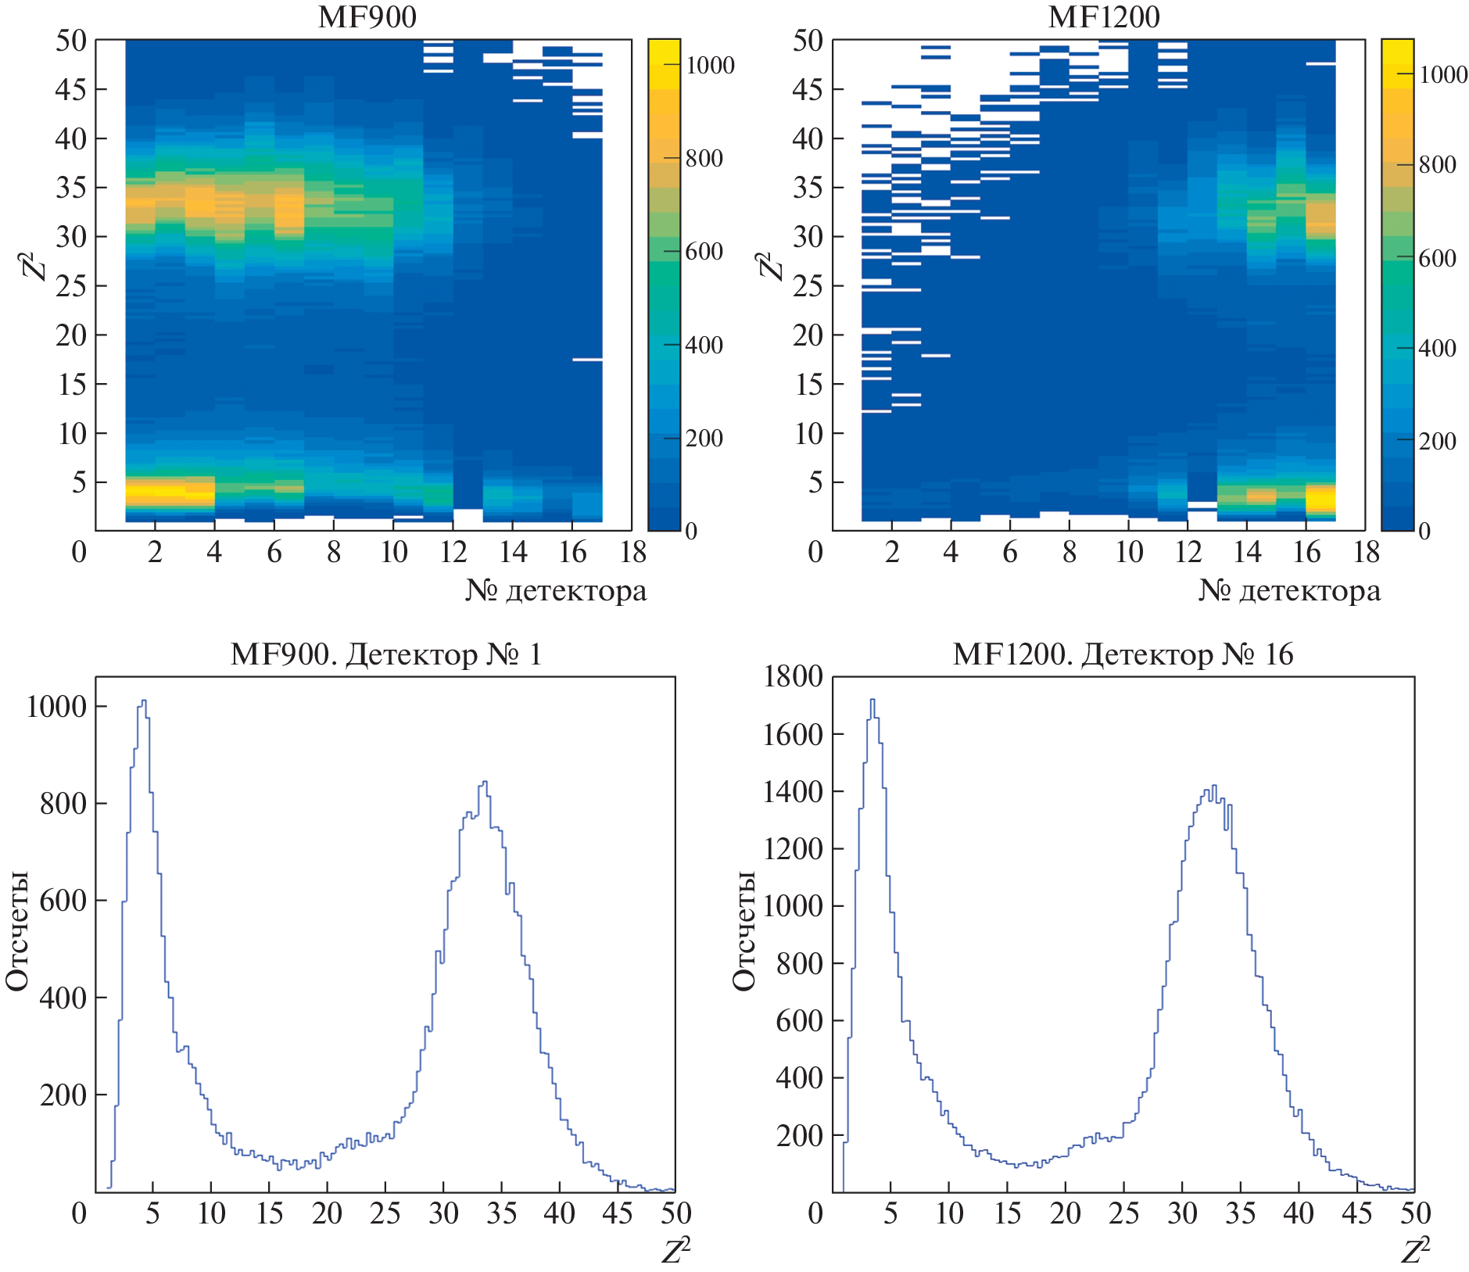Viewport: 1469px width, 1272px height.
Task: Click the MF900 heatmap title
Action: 367,17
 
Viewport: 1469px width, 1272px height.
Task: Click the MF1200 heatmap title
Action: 1103,17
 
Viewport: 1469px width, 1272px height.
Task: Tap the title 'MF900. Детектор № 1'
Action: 386,654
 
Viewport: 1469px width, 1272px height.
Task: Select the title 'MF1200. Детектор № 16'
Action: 1123,654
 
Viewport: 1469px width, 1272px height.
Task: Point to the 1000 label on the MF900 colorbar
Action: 710,66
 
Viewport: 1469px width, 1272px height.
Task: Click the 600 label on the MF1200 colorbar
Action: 1437,259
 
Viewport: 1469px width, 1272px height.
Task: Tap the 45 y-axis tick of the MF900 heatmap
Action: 70,90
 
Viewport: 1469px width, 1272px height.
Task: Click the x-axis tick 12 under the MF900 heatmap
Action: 453,553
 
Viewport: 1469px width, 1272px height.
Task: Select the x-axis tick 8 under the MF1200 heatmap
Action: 1069,553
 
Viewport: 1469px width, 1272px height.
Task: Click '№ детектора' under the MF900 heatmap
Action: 556,590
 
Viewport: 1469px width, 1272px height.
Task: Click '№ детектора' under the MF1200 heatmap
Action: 1289,590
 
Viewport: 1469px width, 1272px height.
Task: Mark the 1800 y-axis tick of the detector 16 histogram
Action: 793,676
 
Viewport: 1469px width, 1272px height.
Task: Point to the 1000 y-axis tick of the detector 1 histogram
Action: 56,707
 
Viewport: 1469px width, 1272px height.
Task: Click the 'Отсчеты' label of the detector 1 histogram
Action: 17,930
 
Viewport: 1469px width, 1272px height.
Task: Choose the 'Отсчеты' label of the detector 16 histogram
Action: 744,930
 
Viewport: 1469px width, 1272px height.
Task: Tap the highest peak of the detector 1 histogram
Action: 143,701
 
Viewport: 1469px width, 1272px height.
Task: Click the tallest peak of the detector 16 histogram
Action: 872,700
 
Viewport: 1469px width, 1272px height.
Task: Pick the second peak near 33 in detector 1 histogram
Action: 485,782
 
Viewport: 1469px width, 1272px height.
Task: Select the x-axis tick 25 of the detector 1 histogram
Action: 385,1213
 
